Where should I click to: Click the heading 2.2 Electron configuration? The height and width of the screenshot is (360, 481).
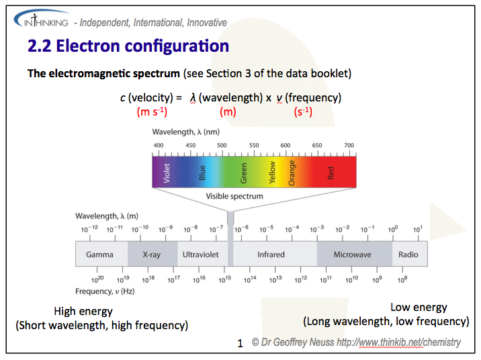coord(128,46)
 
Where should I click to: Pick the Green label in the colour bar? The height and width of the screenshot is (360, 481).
coord(244,172)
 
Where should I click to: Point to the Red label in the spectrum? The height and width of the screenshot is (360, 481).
coord(331,172)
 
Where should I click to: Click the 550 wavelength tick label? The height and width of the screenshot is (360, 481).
coord(254,145)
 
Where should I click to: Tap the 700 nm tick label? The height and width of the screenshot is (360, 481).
coord(349,145)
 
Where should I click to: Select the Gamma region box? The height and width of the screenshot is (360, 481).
coord(99,255)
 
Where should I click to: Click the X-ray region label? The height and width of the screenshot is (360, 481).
coord(152,255)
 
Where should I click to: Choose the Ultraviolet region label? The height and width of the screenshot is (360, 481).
coord(202,255)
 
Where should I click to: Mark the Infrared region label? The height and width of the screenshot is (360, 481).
coord(271,255)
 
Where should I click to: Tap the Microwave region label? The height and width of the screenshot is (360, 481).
coord(353,255)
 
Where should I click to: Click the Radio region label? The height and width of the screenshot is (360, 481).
coord(408,255)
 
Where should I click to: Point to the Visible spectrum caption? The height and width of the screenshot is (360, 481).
coord(234,196)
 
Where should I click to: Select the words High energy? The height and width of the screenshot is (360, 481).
coord(83,312)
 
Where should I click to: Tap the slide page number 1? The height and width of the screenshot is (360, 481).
coord(240,344)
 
